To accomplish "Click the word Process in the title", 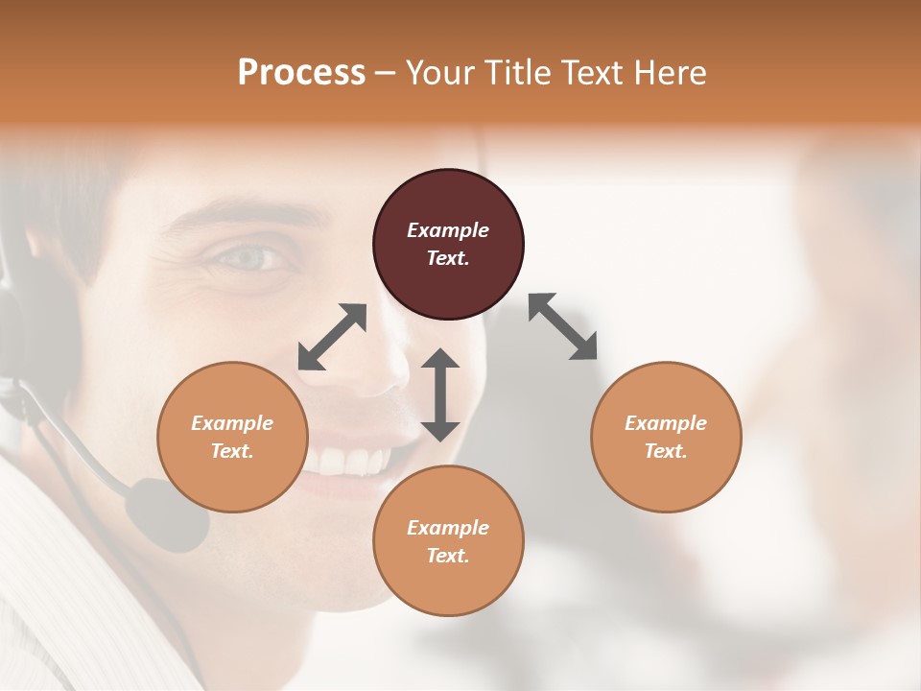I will [x=301, y=73].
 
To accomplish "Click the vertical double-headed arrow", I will [x=440, y=394].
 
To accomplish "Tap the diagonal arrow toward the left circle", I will [x=332, y=337].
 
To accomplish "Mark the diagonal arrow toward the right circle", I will [x=563, y=326].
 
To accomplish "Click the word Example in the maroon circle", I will [x=448, y=230].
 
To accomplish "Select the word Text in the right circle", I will [x=666, y=451].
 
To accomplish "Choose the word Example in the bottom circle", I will [x=448, y=528].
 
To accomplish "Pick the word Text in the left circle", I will [x=232, y=451].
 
